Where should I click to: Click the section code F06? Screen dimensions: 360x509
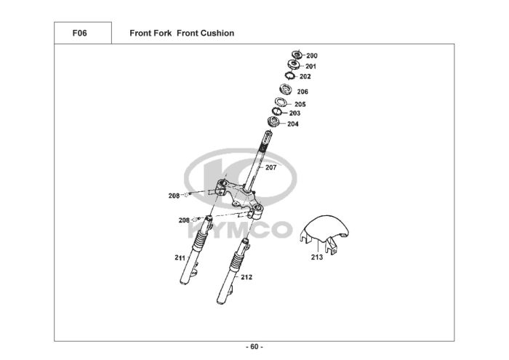pyautogui.click(x=80, y=33)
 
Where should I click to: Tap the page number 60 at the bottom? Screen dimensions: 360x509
pyautogui.click(x=254, y=346)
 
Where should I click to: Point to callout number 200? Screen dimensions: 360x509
pyautogui.click(x=312, y=56)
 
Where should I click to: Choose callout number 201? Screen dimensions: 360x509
pyautogui.click(x=310, y=66)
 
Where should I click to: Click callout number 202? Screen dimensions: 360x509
pyautogui.click(x=305, y=76)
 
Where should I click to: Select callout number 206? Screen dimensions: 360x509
pyautogui.click(x=302, y=92)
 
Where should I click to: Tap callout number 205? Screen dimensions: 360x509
pyautogui.click(x=300, y=105)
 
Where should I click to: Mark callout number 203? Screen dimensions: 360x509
pyautogui.click(x=294, y=113)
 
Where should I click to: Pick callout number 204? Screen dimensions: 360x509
pyautogui.click(x=292, y=124)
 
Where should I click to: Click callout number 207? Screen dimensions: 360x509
pyautogui.click(x=270, y=168)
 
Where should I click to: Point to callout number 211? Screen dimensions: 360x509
pyautogui.click(x=180, y=258)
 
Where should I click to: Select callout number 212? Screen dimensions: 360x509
pyautogui.click(x=247, y=277)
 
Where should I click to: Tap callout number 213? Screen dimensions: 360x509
pyautogui.click(x=317, y=257)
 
